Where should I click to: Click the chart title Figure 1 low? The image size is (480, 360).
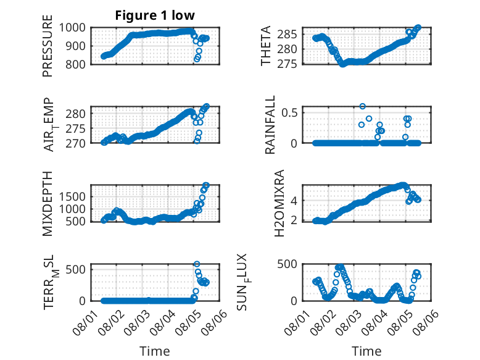click(x=155, y=15)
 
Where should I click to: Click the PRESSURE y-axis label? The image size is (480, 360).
click(x=48, y=46)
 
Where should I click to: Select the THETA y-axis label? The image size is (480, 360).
click(x=266, y=46)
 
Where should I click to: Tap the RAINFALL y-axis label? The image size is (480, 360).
click(x=270, y=125)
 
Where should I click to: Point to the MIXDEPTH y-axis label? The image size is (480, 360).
click(x=48, y=204)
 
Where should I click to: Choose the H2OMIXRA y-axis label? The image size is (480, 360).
click(x=279, y=203)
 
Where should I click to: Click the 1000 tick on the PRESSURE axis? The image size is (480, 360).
click(x=72, y=28)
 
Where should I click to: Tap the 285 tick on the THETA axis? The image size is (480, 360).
click(x=287, y=35)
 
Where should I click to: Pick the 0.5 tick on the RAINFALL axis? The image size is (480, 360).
click(x=289, y=112)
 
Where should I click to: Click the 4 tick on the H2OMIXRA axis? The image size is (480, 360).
click(x=294, y=201)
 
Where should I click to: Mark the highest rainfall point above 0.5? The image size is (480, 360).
click(x=362, y=106)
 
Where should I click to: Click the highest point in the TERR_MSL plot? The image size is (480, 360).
click(x=197, y=264)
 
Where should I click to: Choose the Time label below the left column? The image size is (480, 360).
click(x=155, y=351)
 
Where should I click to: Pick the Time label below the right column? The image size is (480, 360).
click(x=366, y=351)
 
